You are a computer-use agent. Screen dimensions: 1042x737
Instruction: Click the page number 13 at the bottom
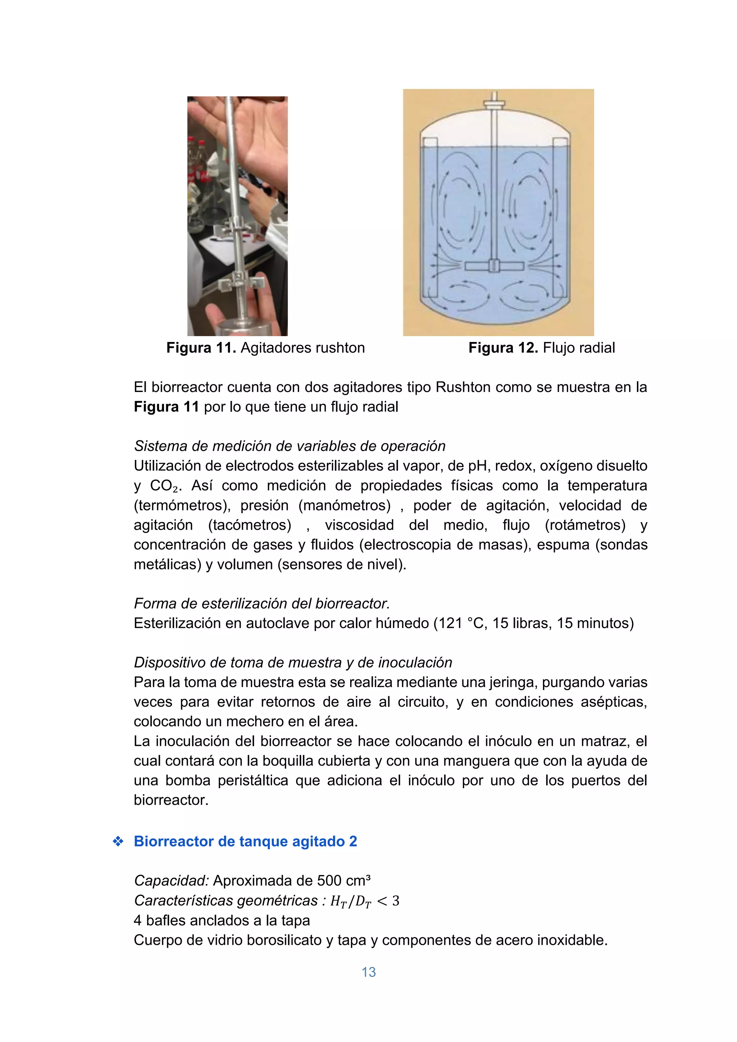368,972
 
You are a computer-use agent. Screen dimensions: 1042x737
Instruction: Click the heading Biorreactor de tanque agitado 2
245,841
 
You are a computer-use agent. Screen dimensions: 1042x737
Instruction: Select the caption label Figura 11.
200,348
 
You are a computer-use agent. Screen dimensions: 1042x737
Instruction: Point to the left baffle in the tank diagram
429,218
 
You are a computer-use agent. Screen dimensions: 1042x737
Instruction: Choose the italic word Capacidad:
171,880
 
